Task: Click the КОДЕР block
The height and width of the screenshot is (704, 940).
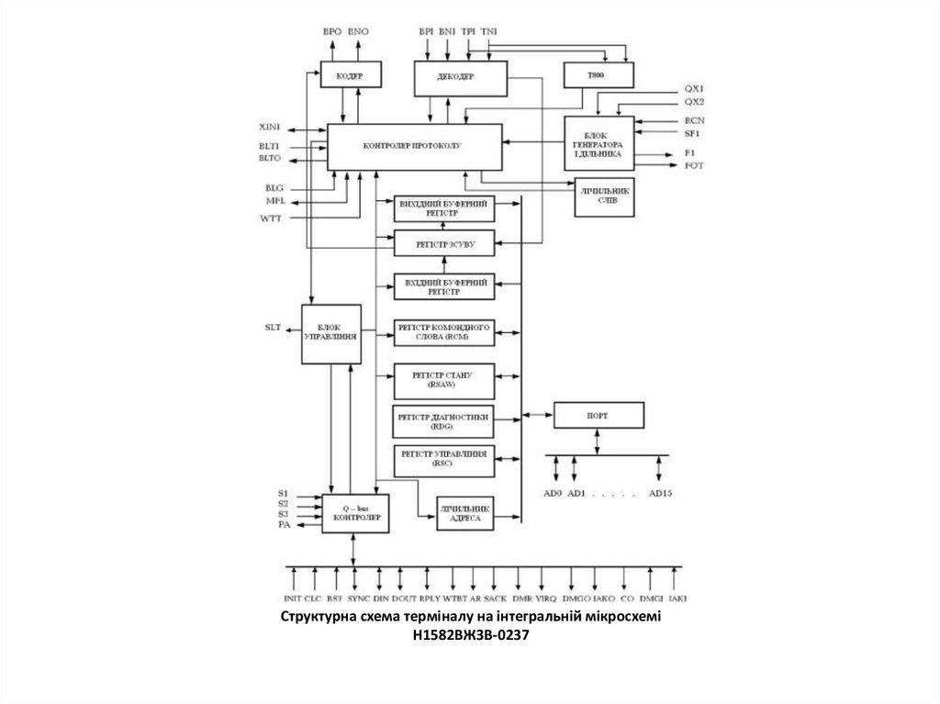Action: [x=343, y=75]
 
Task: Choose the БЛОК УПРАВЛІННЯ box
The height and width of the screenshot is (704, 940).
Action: [x=332, y=332]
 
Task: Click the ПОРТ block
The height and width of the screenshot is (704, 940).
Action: [x=597, y=416]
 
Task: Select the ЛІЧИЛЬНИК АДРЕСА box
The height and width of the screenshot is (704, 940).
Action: [x=464, y=513]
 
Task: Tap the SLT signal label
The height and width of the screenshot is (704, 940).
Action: [x=273, y=328]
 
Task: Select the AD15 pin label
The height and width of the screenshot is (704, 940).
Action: [x=661, y=493]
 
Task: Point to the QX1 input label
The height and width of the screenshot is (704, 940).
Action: [x=694, y=88]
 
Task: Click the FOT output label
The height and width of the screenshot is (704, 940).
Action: [x=694, y=165]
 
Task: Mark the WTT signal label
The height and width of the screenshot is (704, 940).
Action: [x=272, y=218]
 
